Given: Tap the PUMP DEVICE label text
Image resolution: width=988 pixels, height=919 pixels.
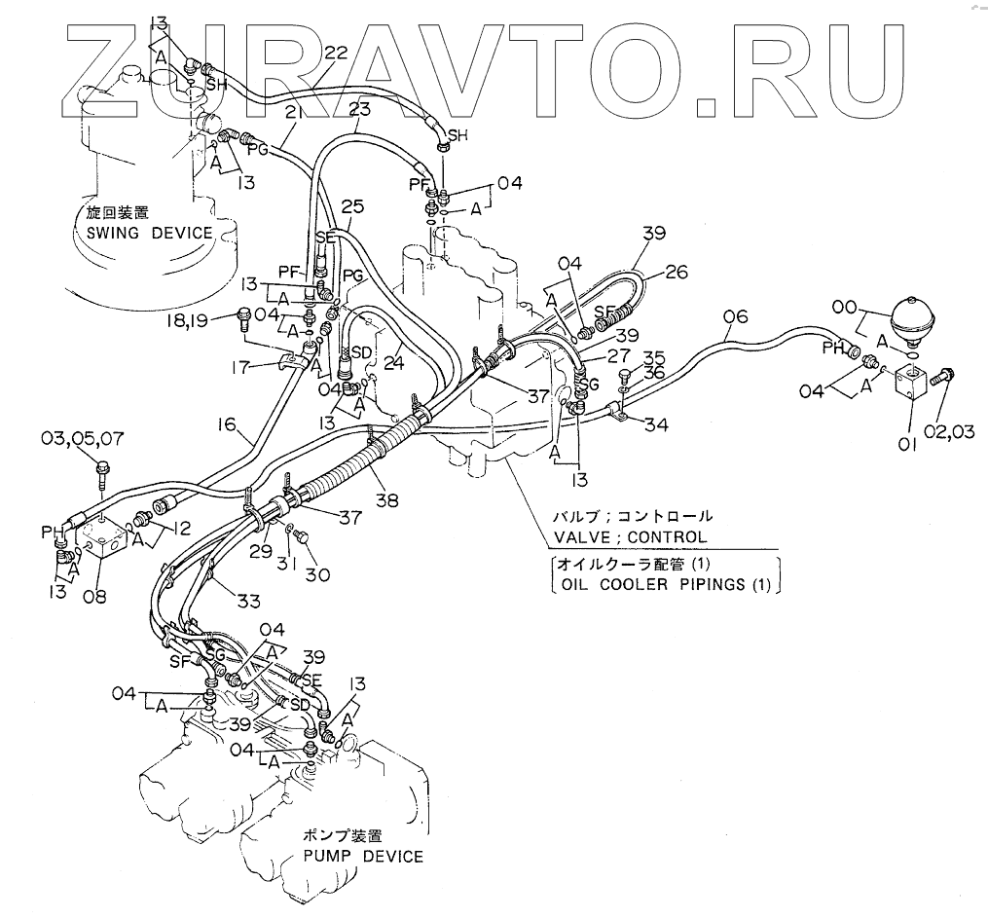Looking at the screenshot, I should click(x=362, y=857).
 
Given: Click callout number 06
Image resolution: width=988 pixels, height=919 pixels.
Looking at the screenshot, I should click(x=736, y=315).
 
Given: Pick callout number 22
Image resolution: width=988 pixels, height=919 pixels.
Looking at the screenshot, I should click(x=335, y=55).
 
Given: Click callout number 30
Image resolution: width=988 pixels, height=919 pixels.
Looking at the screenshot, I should click(x=316, y=575).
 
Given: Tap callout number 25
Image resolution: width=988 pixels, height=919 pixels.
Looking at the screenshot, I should click(x=351, y=207).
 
